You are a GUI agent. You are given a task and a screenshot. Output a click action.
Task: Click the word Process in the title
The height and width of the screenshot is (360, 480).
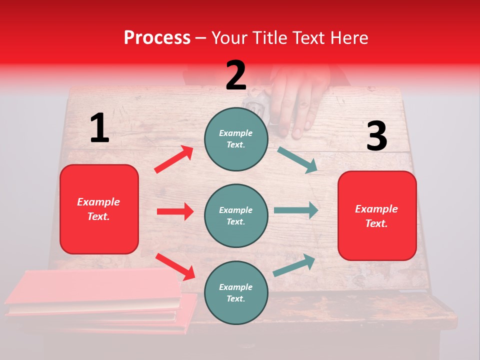[x=157, y=37]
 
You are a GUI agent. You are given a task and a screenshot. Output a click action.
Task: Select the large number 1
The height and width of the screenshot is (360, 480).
[x=99, y=128]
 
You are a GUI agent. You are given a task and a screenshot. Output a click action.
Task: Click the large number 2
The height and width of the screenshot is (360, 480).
[x=236, y=75]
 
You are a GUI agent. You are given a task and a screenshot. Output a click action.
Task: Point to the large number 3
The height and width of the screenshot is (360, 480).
[x=376, y=136]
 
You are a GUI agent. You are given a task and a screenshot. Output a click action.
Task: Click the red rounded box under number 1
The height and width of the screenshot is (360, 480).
[x=99, y=209]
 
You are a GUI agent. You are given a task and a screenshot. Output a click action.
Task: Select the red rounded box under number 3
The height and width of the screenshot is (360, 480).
[x=377, y=216]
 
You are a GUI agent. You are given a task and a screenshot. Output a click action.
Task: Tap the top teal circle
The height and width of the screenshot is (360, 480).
[x=236, y=138]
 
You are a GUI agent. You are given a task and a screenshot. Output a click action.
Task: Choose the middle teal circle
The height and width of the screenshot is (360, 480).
[x=236, y=215]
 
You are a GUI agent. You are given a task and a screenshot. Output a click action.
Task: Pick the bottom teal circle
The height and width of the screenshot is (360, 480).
[x=236, y=292]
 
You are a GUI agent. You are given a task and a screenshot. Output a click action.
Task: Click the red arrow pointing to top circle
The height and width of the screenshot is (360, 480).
[x=174, y=159]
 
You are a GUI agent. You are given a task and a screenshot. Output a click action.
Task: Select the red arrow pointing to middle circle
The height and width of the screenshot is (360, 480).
[x=175, y=211]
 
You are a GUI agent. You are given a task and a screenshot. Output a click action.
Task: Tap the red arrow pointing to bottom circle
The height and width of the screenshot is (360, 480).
[x=175, y=266]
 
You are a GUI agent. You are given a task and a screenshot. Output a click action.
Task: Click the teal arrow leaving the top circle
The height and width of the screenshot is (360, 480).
[x=297, y=160]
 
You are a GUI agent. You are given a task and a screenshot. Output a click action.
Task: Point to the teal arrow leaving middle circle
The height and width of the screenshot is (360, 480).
[x=296, y=210]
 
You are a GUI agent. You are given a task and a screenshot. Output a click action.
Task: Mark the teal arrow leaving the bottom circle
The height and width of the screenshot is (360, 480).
[x=294, y=265]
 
